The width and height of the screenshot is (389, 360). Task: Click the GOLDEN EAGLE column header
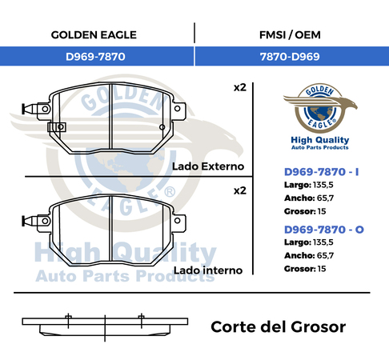point(94,35)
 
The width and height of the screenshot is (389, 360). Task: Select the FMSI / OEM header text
point(290,35)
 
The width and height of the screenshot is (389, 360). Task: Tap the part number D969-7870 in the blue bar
point(95,57)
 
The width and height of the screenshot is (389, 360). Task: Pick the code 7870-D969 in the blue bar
point(290,57)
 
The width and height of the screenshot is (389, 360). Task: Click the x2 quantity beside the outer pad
point(240,87)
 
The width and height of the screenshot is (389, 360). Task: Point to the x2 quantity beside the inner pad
point(240,190)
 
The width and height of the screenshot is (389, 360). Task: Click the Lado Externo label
point(208,166)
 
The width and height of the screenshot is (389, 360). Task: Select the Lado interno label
point(208,270)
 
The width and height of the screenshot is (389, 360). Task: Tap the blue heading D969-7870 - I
point(322,172)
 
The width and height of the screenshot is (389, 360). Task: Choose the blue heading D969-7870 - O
point(324,230)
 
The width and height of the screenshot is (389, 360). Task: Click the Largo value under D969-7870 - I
point(323,185)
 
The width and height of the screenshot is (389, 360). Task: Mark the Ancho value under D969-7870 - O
point(325,255)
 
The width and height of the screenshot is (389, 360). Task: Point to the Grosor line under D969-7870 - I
point(305,211)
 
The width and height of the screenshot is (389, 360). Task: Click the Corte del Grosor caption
point(279,327)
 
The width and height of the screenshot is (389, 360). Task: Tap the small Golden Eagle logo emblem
point(320,108)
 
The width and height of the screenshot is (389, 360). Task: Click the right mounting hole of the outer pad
point(178,109)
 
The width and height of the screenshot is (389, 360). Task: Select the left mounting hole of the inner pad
point(45,221)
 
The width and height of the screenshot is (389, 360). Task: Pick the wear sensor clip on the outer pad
point(57,127)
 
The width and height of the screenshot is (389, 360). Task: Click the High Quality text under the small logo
point(320,140)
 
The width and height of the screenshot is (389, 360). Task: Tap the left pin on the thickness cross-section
point(69,321)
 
